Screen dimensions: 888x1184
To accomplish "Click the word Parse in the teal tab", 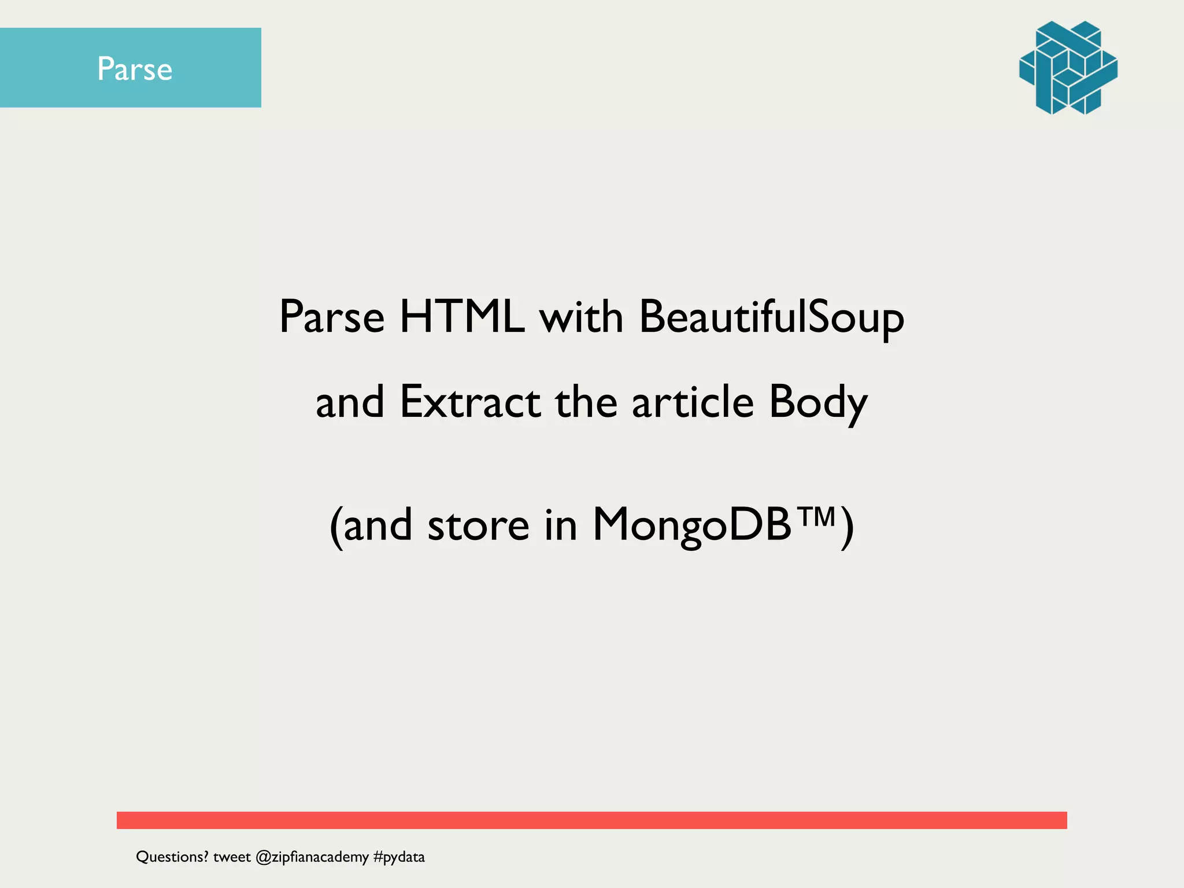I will pyautogui.click(x=135, y=69).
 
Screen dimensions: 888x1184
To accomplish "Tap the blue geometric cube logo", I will pyautogui.click(x=1068, y=68).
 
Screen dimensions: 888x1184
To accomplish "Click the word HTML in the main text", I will pyautogui.click(x=462, y=317).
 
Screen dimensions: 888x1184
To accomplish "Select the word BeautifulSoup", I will pyautogui.click(x=771, y=318).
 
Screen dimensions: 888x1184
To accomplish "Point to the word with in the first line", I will pyautogui.click(x=581, y=317).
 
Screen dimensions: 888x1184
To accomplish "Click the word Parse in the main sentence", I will pyautogui.click(x=331, y=317).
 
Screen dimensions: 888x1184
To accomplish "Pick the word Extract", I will pyautogui.click(x=470, y=402).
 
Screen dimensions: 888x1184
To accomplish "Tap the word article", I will pyautogui.click(x=693, y=402).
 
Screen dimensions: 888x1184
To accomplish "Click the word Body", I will pyautogui.click(x=818, y=403).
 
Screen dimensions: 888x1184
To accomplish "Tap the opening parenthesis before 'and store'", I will pyautogui.click(x=336, y=527).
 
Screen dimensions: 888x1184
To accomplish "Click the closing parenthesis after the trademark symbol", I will pyautogui.click(x=846, y=527).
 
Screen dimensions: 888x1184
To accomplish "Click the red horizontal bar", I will pyautogui.click(x=591, y=820).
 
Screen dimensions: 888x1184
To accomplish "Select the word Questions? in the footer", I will pyautogui.click(x=172, y=857).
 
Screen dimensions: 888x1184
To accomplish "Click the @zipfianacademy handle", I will pyautogui.click(x=312, y=857).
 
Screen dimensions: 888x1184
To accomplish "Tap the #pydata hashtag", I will pyautogui.click(x=399, y=857).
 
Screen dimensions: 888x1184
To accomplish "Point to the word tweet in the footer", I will pyautogui.click(x=232, y=857).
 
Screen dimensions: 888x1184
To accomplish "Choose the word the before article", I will pyautogui.click(x=586, y=402).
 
